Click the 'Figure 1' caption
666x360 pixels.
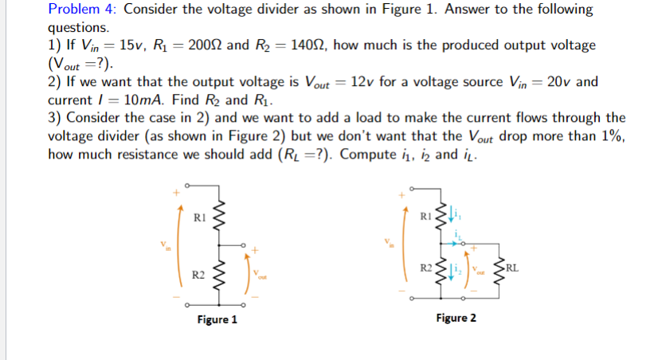217,320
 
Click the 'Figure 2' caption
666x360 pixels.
456,318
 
